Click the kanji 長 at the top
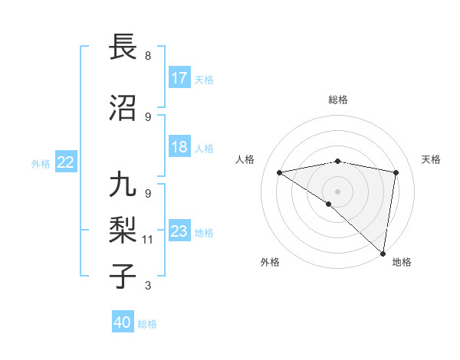coord(123,47)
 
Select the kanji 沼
coord(123,110)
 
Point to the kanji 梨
coord(123,231)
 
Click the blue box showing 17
coord(179,78)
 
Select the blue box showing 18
coord(179,147)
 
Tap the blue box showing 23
coord(179,231)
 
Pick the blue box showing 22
coord(66,162)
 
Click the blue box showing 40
coord(123,322)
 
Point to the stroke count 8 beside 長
coord(148,56)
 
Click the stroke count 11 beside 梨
coord(148,240)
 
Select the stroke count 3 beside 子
coord(148,286)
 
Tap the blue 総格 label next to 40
coord(147,324)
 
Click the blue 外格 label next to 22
coord(41,163)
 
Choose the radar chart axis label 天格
coord(431,159)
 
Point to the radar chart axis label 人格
coord(245,159)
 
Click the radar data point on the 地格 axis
coord(383,253)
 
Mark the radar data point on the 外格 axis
coord(329,204)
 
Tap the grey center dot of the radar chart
coord(337,191)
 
